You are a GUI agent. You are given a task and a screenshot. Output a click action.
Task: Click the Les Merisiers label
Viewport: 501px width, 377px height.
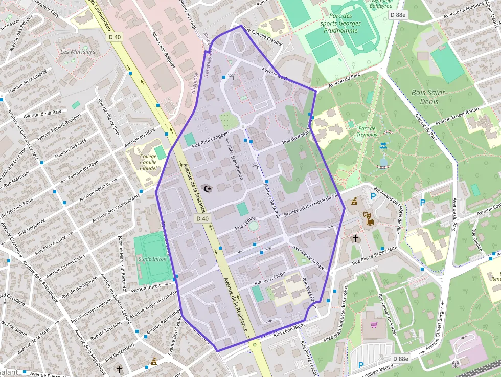click(78, 52)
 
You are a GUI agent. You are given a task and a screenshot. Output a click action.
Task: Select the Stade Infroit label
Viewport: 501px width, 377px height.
click(152, 259)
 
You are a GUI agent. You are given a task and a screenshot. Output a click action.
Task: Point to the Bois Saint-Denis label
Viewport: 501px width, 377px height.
click(429, 97)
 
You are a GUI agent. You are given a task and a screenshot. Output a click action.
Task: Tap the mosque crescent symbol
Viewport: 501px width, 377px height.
click(207, 189)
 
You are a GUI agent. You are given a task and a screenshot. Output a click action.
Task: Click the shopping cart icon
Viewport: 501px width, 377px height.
click(374, 324)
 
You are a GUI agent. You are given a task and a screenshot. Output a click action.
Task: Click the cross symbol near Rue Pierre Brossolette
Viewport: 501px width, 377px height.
click(355, 238)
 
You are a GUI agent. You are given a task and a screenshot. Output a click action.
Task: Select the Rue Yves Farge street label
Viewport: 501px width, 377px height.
click(269, 279)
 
